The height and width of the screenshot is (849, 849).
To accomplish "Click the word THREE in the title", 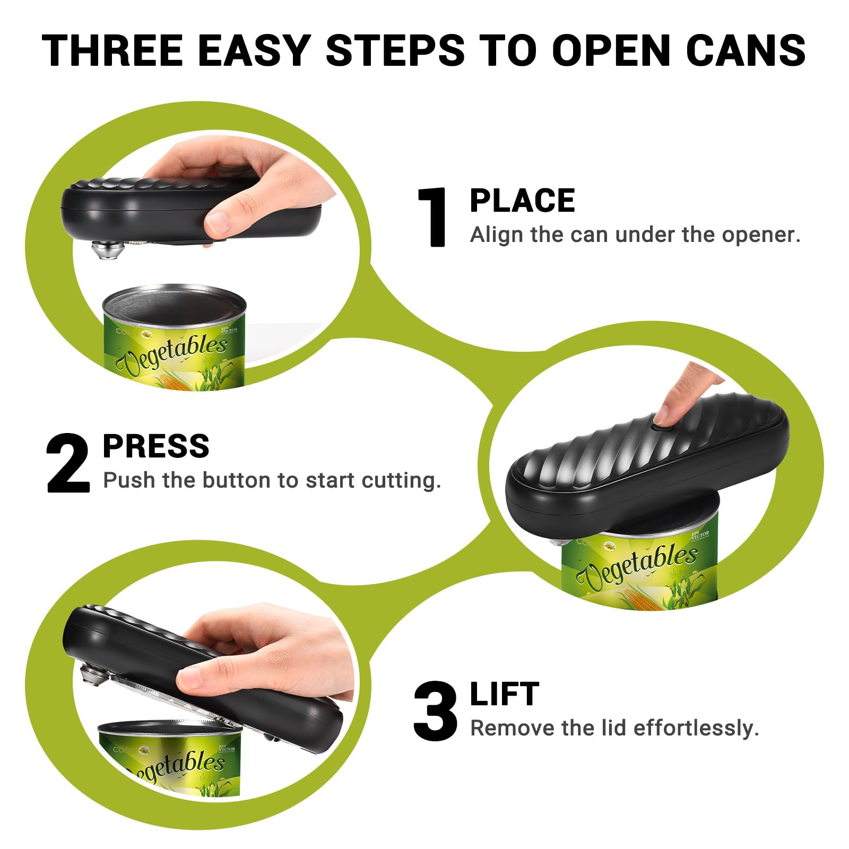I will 112,50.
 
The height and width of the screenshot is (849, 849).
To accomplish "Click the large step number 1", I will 434,218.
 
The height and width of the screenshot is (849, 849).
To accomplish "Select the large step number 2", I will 68,463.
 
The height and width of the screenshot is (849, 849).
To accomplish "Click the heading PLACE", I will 522,201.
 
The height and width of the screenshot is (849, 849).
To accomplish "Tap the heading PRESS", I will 156,446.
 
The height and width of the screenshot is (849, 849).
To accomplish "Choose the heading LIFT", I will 504,694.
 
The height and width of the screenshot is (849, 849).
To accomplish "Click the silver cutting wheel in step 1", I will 105,249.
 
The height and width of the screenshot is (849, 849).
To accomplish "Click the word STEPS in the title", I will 395,50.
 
